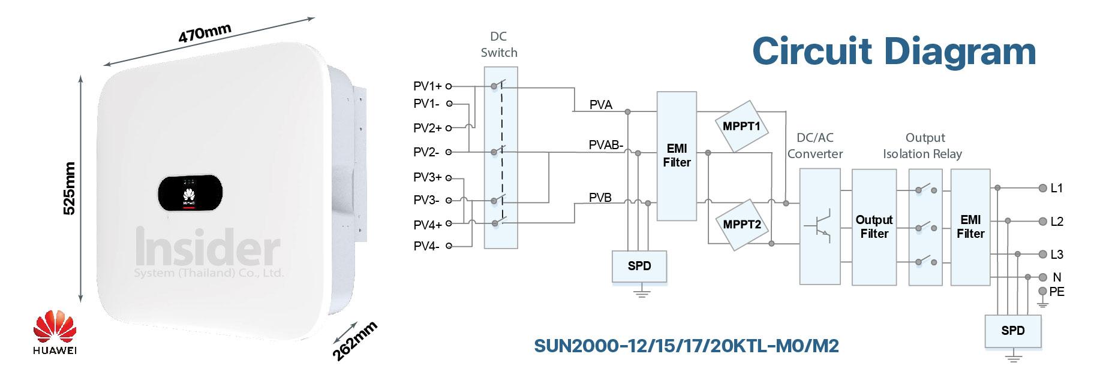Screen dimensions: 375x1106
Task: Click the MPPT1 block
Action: [742, 126]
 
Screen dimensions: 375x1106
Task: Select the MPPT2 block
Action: [742, 225]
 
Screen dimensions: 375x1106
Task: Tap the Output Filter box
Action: [874, 226]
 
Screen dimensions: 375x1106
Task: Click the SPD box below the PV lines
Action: [639, 266]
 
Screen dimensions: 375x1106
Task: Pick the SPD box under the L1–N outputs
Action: [1012, 331]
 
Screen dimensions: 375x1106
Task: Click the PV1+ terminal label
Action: [427, 86]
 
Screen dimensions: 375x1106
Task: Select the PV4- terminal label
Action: [426, 246]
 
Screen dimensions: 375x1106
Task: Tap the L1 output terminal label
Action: [1057, 188]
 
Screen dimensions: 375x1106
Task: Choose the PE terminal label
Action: [1057, 292]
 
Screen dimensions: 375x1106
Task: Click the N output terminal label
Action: [1057, 277]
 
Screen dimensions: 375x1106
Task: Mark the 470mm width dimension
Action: [205, 34]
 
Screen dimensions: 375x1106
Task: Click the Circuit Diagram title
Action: [894, 51]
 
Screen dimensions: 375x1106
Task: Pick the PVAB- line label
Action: [606, 145]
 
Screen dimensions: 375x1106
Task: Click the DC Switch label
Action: [499, 44]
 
